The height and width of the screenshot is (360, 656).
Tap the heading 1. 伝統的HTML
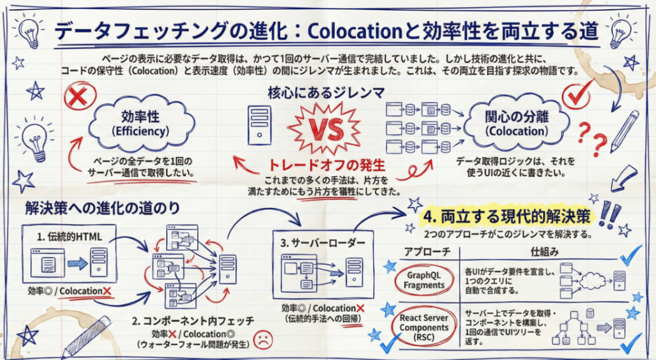tap(69, 236)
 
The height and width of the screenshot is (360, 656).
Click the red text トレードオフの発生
tap(326, 164)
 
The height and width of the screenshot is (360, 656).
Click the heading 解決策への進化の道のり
tap(102, 208)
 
